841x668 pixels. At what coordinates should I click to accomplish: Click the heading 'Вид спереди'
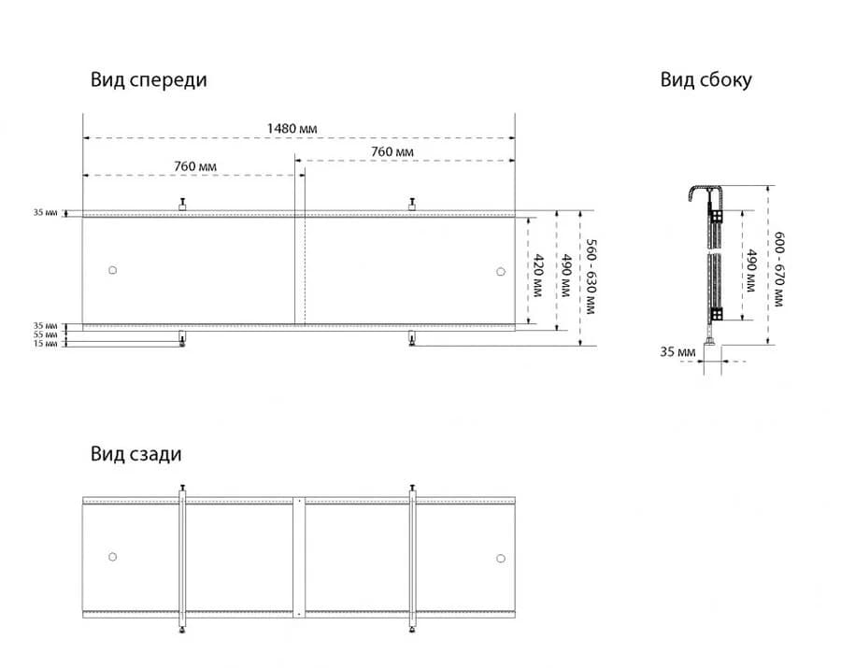coord(149,80)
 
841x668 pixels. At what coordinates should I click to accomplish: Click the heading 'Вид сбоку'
coord(706,80)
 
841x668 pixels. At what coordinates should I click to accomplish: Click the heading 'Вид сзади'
coord(136,455)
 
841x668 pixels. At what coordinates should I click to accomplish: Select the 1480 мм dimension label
coord(292,129)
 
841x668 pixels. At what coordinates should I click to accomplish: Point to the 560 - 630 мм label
coord(591,277)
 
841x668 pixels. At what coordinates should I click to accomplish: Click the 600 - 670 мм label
coord(778,269)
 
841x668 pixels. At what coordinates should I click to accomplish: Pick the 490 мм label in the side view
coord(751,270)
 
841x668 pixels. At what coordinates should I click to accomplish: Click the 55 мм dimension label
coord(45,334)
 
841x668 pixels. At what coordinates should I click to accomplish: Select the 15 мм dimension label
coord(45,344)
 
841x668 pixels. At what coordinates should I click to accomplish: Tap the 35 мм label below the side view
coord(677,352)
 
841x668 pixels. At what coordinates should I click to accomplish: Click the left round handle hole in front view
coord(113,270)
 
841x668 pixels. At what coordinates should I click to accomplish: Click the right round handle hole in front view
coord(501,272)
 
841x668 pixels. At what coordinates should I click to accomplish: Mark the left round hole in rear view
coord(113,557)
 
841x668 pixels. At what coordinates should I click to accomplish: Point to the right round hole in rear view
coord(501,559)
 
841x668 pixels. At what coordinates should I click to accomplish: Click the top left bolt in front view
coord(182,204)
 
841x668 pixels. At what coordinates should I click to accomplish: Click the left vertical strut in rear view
coord(182,559)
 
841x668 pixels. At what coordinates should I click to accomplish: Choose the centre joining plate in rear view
coord(299,558)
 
